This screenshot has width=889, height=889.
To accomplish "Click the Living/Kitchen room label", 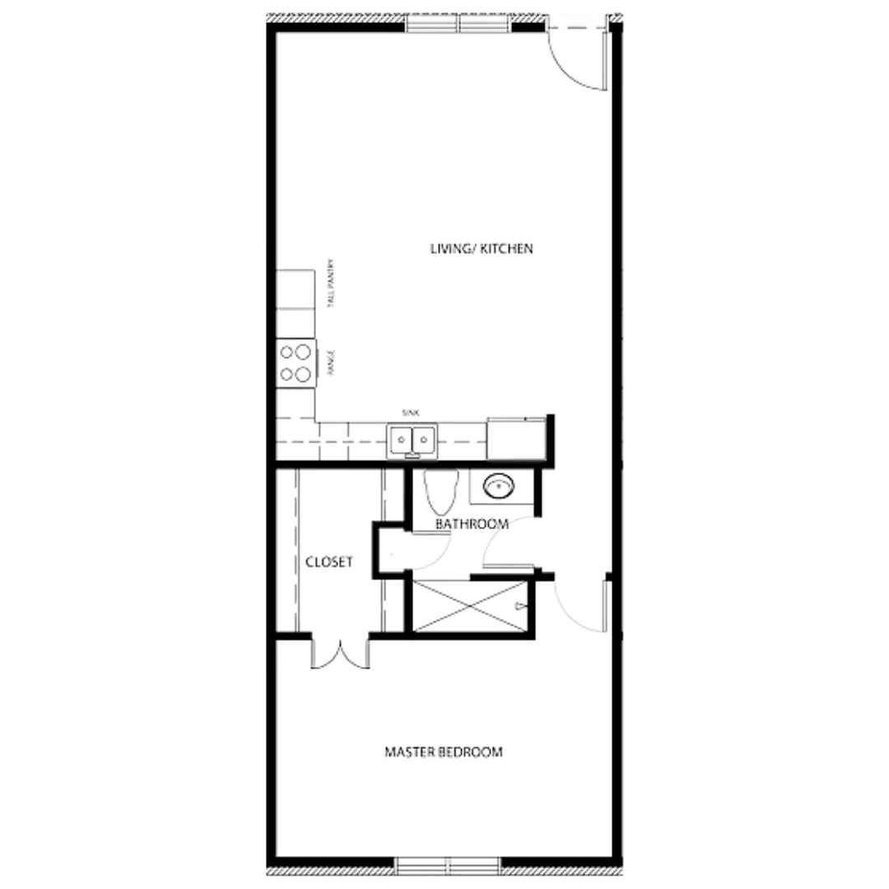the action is tap(482, 248).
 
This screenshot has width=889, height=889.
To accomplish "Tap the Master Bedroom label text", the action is tap(444, 752).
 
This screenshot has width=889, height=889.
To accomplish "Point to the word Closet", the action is tap(329, 563).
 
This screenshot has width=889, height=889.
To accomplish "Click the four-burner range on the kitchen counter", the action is tap(296, 363).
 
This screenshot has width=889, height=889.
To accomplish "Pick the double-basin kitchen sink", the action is tap(411, 438).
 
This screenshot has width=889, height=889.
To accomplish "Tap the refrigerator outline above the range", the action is tap(296, 289).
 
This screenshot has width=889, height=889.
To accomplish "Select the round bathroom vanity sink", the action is tap(497, 486).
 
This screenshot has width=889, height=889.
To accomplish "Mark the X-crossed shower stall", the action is tap(470, 605).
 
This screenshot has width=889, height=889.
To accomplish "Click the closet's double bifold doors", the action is tap(340, 654).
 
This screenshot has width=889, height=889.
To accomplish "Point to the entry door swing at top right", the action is tap(575, 57).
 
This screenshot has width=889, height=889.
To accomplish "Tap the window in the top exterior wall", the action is tap(458, 26).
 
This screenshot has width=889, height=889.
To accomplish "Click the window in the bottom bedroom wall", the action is tap(447, 864).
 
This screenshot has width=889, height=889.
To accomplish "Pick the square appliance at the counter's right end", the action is tap(516, 438).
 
